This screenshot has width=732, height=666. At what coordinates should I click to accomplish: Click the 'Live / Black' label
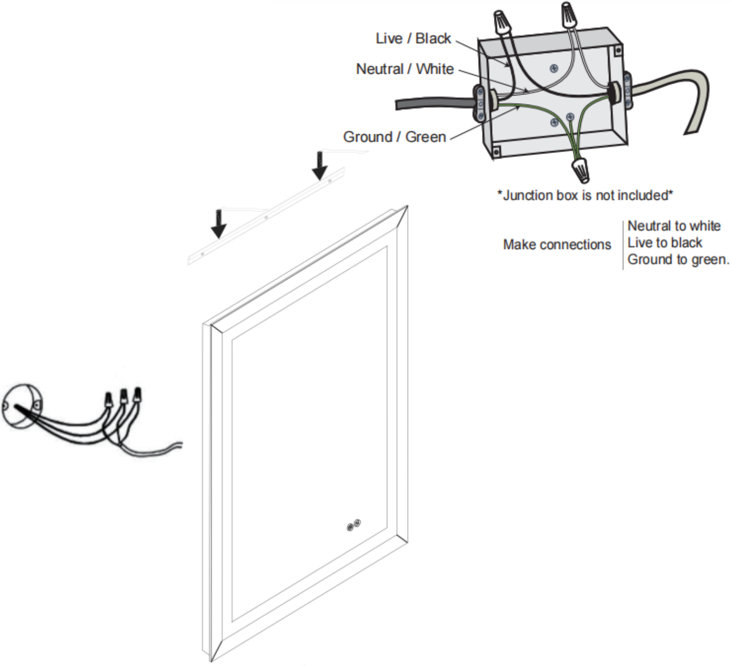(413, 39)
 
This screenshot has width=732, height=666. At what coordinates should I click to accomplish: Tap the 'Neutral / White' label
(404, 69)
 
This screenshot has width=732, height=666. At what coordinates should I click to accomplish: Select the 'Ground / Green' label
(395, 137)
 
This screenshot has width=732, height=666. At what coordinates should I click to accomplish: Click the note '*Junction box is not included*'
(585, 195)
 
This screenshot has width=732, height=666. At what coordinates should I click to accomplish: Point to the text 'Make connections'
(557, 244)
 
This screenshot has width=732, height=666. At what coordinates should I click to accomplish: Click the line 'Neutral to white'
(674, 226)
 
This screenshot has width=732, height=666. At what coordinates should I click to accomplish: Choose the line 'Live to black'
(665, 243)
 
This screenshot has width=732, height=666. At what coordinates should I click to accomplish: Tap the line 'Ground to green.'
(678, 259)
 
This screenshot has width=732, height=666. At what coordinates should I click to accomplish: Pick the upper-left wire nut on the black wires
(502, 21)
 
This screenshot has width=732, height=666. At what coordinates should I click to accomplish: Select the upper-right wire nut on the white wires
(569, 16)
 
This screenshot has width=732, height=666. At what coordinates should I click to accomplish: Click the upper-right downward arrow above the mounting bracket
(320, 165)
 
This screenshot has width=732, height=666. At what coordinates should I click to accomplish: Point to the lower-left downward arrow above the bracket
(219, 224)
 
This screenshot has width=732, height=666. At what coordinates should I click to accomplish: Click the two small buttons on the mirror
(354, 525)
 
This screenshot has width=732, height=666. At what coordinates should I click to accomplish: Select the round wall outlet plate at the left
(21, 406)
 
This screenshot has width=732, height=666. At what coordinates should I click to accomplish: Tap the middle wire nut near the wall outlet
(123, 397)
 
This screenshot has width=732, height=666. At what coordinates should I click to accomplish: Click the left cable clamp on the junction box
(480, 104)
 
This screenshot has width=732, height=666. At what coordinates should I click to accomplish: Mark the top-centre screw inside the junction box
(554, 68)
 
